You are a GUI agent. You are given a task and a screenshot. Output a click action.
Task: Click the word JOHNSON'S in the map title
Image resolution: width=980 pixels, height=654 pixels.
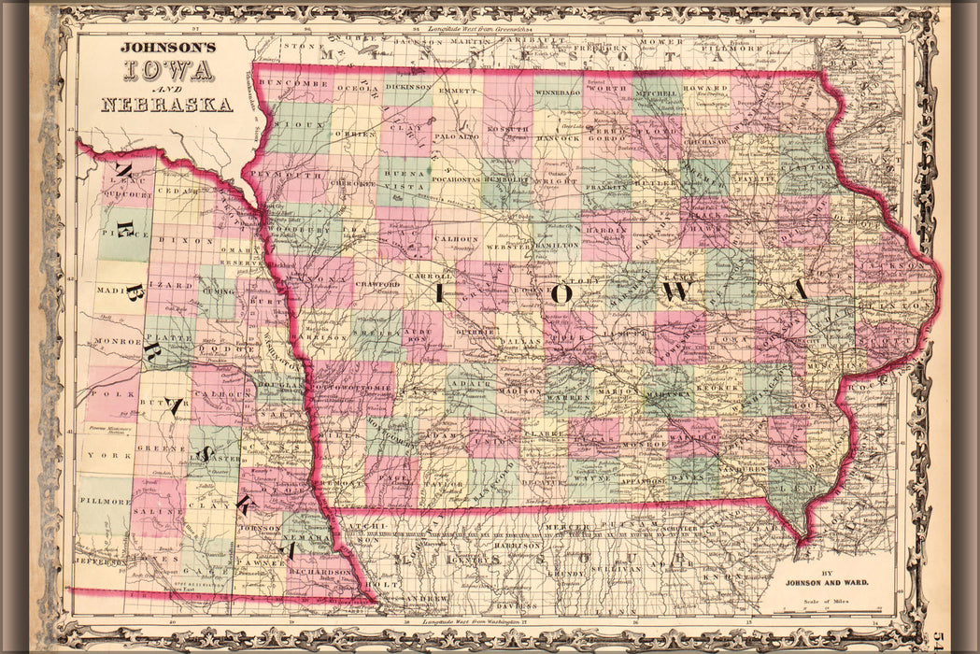coord(167,47)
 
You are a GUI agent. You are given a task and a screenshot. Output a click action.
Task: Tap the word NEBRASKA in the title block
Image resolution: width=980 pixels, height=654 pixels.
coord(166,105)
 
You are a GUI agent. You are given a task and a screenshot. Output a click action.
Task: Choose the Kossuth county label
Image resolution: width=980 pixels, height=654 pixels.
coord(508,129)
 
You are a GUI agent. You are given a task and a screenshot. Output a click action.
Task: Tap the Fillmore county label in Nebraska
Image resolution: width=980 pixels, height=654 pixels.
coord(103,501)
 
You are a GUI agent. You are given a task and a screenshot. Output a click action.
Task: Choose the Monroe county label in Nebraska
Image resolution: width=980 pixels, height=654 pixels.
coord(117,341)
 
